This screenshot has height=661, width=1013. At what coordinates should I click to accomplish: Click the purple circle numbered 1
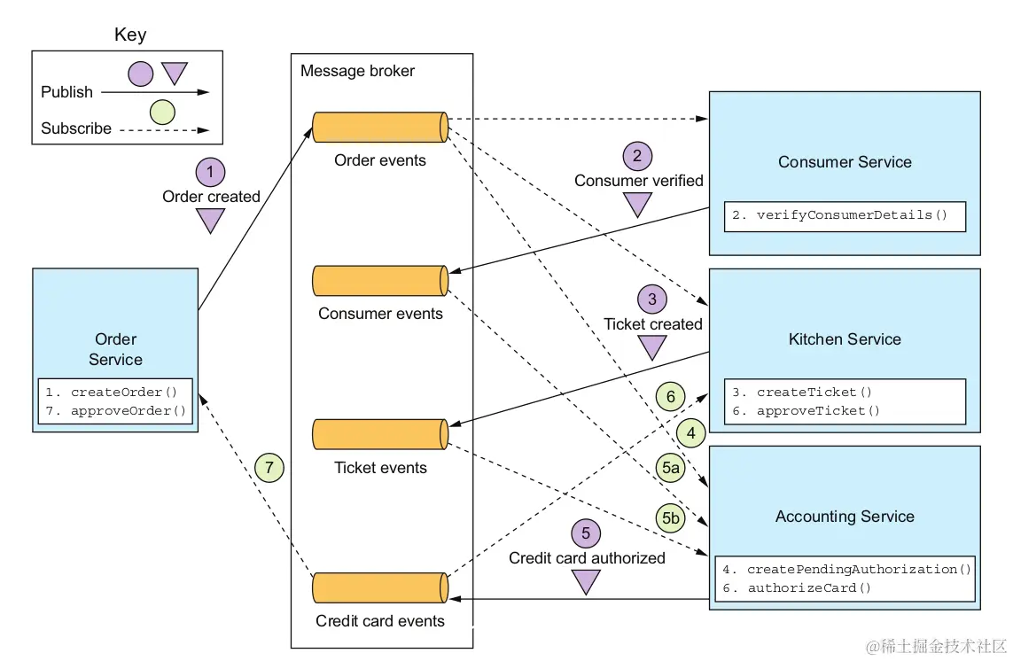[210, 171]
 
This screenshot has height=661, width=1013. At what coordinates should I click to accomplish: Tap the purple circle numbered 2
[637, 156]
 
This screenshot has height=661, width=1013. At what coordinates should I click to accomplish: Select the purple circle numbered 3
[652, 299]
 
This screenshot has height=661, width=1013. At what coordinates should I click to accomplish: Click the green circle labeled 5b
[670, 517]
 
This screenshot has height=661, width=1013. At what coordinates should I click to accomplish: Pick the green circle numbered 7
[269, 467]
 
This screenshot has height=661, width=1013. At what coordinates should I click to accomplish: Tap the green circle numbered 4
[691, 434]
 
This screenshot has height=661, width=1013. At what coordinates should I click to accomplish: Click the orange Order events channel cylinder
[379, 127]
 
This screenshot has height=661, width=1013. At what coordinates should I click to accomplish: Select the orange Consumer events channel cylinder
[379, 280]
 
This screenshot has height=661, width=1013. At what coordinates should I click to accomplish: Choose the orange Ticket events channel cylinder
[379, 434]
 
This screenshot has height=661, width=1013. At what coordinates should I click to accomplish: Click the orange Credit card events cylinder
[379, 587]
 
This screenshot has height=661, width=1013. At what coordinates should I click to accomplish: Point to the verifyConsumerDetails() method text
[844, 215]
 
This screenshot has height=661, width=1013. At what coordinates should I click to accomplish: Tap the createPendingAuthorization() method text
[859, 569]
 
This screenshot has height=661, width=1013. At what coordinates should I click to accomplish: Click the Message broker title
[357, 71]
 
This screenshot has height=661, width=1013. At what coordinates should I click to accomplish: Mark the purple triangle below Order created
[211, 221]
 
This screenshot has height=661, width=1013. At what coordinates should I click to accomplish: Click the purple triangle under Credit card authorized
[586, 581]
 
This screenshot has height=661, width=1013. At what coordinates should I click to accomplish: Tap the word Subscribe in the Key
[76, 128]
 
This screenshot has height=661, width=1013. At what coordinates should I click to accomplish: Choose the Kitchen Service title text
[844, 339]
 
